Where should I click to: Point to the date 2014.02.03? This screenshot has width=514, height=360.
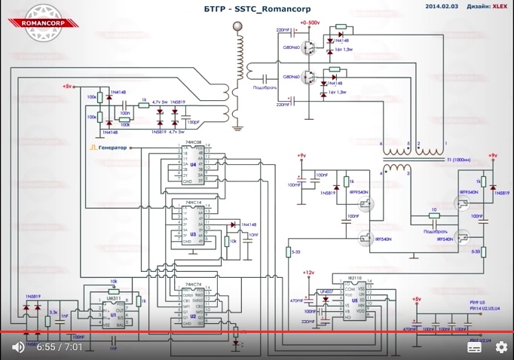(441, 6)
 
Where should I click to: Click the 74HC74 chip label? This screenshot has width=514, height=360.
(194, 285)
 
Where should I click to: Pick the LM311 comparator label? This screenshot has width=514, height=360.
(113, 300)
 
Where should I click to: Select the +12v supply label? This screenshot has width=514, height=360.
(307, 272)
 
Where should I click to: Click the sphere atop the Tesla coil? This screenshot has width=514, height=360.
(240, 26)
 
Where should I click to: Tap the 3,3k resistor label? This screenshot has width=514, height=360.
(54, 311)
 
